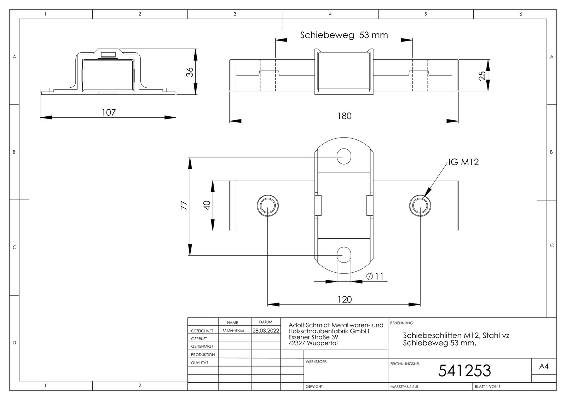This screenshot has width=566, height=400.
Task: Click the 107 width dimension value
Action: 109,112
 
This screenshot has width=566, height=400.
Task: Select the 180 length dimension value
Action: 345,116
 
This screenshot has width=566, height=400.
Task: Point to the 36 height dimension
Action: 190,72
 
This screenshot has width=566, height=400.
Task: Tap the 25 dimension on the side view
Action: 482,76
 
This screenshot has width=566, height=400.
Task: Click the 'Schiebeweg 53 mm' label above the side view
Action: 344,35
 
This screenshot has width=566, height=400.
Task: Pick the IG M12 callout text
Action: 463,162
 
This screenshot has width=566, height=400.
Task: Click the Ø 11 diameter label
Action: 375,276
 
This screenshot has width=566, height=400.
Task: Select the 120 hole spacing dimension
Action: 345,300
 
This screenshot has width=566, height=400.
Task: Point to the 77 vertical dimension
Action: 184,205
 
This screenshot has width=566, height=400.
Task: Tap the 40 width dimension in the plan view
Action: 207,205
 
